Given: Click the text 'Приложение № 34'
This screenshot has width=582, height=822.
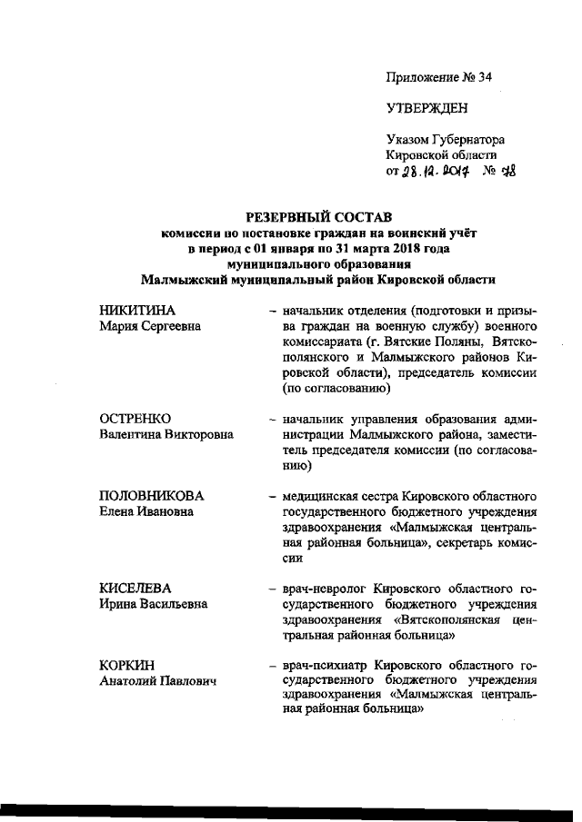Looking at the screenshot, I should [x=439, y=78].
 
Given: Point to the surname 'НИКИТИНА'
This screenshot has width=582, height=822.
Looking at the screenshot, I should [x=136, y=312].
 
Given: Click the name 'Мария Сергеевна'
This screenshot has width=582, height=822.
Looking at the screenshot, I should [x=150, y=327].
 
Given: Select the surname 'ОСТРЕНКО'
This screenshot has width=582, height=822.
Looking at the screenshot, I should [x=135, y=419].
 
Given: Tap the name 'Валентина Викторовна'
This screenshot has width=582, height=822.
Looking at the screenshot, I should [x=166, y=434].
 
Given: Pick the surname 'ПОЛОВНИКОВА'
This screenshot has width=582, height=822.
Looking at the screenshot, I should [x=151, y=496].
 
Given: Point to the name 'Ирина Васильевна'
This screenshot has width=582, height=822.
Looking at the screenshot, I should [x=153, y=604].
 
